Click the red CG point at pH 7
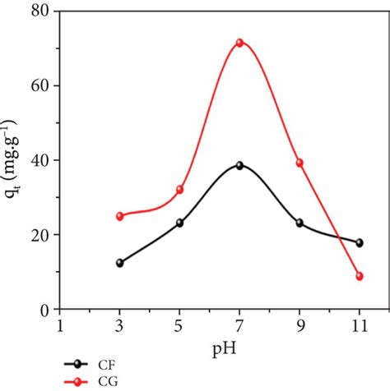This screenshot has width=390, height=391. click(x=239, y=43)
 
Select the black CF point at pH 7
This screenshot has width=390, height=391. click(x=239, y=165)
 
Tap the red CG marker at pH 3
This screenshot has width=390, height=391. click(x=119, y=216)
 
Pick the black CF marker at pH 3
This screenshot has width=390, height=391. click(x=119, y=263)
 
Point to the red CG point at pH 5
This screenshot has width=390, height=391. click(x=179, y=190)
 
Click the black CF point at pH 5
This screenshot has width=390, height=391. click(x=179, y=223)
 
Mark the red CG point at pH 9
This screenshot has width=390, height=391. click(x=299, y=163)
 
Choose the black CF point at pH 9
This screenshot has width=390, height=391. click(x=299, y=223)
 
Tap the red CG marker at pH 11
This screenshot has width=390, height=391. click(x=360, y=276)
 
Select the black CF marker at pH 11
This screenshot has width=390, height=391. click(x=360, y=242)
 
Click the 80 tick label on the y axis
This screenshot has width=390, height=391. click(x=37, y=11)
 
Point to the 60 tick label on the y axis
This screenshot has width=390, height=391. click(x=37, y=86)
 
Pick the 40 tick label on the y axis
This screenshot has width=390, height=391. click(x=37, y=160)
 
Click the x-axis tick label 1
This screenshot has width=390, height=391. click(x=59, y=325)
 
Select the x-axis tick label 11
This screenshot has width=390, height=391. click(x=360, y=325)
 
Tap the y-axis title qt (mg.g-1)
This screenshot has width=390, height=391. click(x=14, y=161)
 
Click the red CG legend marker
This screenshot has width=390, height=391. click(x=78, y=380)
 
